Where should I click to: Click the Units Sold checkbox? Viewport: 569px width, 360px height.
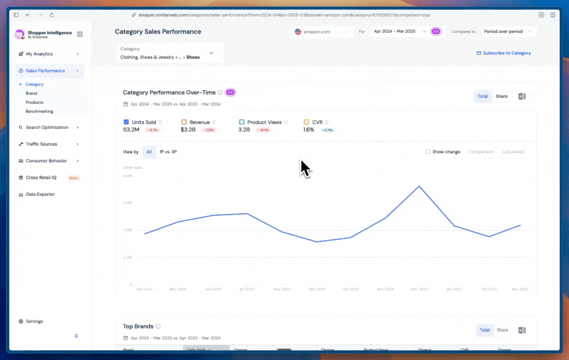pos(126,122)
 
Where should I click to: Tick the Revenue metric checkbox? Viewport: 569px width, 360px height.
pos(184,122)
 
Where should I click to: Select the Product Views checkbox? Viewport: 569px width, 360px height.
pos(241,122)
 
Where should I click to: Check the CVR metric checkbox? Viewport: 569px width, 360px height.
pos(307,122)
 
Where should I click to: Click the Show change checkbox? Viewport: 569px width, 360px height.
pos(427,151)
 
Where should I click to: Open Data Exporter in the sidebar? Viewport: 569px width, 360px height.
pos(40,194)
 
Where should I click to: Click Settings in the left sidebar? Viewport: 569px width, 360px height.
pos(34,321)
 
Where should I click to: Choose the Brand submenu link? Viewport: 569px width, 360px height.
pos(31,93)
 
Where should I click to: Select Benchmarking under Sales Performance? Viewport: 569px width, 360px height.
pos(39,111)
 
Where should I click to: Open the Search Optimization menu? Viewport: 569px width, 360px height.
pos(47,127)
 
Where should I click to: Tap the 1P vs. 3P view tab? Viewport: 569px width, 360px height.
pos(168,151)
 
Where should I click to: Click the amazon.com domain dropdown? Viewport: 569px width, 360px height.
pos(321,31)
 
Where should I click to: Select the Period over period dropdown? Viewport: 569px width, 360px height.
pos(507,31)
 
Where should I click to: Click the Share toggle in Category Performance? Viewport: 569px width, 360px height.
pos(501,96)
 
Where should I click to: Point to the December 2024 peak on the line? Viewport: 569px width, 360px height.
pos(419,186)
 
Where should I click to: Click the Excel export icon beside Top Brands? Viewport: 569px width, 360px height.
pos(521,330)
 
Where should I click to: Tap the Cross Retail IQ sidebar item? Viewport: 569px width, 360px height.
pos(41,177)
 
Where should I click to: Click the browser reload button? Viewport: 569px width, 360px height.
pos(52,15)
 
